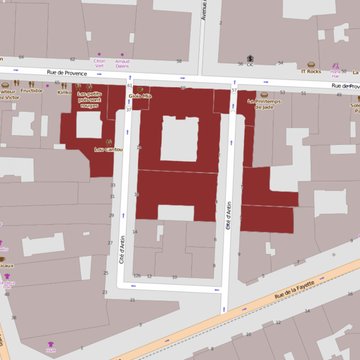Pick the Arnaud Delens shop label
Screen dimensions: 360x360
pos(124,64)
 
